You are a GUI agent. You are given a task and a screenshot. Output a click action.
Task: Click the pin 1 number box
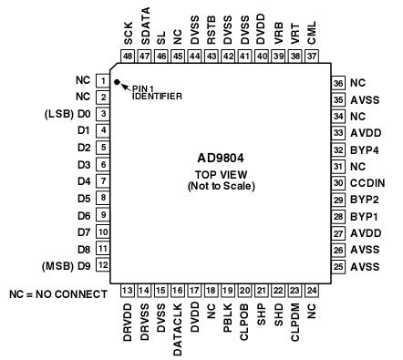click(104, 79)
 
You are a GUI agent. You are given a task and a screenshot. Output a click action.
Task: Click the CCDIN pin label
click(362, 182)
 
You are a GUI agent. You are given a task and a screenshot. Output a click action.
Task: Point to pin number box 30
click(338, 182)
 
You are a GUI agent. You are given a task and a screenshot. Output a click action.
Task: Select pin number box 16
click(179, 290)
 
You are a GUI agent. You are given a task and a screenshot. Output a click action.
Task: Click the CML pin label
click(313, 36)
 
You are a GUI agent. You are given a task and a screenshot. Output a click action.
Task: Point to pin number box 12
click(104, 265)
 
